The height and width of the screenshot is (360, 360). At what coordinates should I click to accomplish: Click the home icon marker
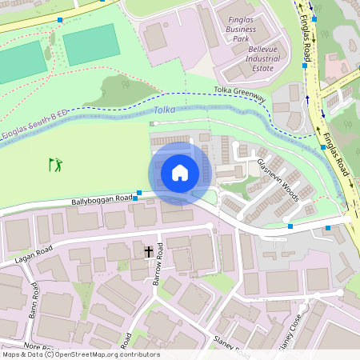click(180, 173)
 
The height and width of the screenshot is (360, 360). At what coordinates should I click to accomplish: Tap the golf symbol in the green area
click(55, 165)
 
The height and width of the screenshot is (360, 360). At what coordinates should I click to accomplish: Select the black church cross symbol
click(149, 252)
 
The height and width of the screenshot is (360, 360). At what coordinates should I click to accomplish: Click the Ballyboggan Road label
click(101, 199)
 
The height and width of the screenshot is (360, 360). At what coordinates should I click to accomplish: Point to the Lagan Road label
click(32, 254)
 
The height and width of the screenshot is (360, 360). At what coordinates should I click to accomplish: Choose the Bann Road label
click(34, 300)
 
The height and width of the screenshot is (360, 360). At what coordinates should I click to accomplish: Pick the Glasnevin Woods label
click(277, 177)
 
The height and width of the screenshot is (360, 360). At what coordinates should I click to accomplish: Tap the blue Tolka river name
click(164, 110)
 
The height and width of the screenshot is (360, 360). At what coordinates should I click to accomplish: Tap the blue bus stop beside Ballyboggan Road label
click(139, 192)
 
